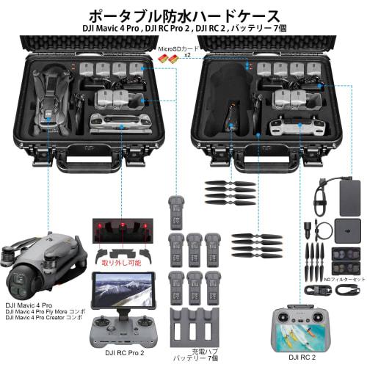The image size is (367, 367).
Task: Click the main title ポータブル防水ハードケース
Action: pos(183,15)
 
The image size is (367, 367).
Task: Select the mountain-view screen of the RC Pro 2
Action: pos(120,291)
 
